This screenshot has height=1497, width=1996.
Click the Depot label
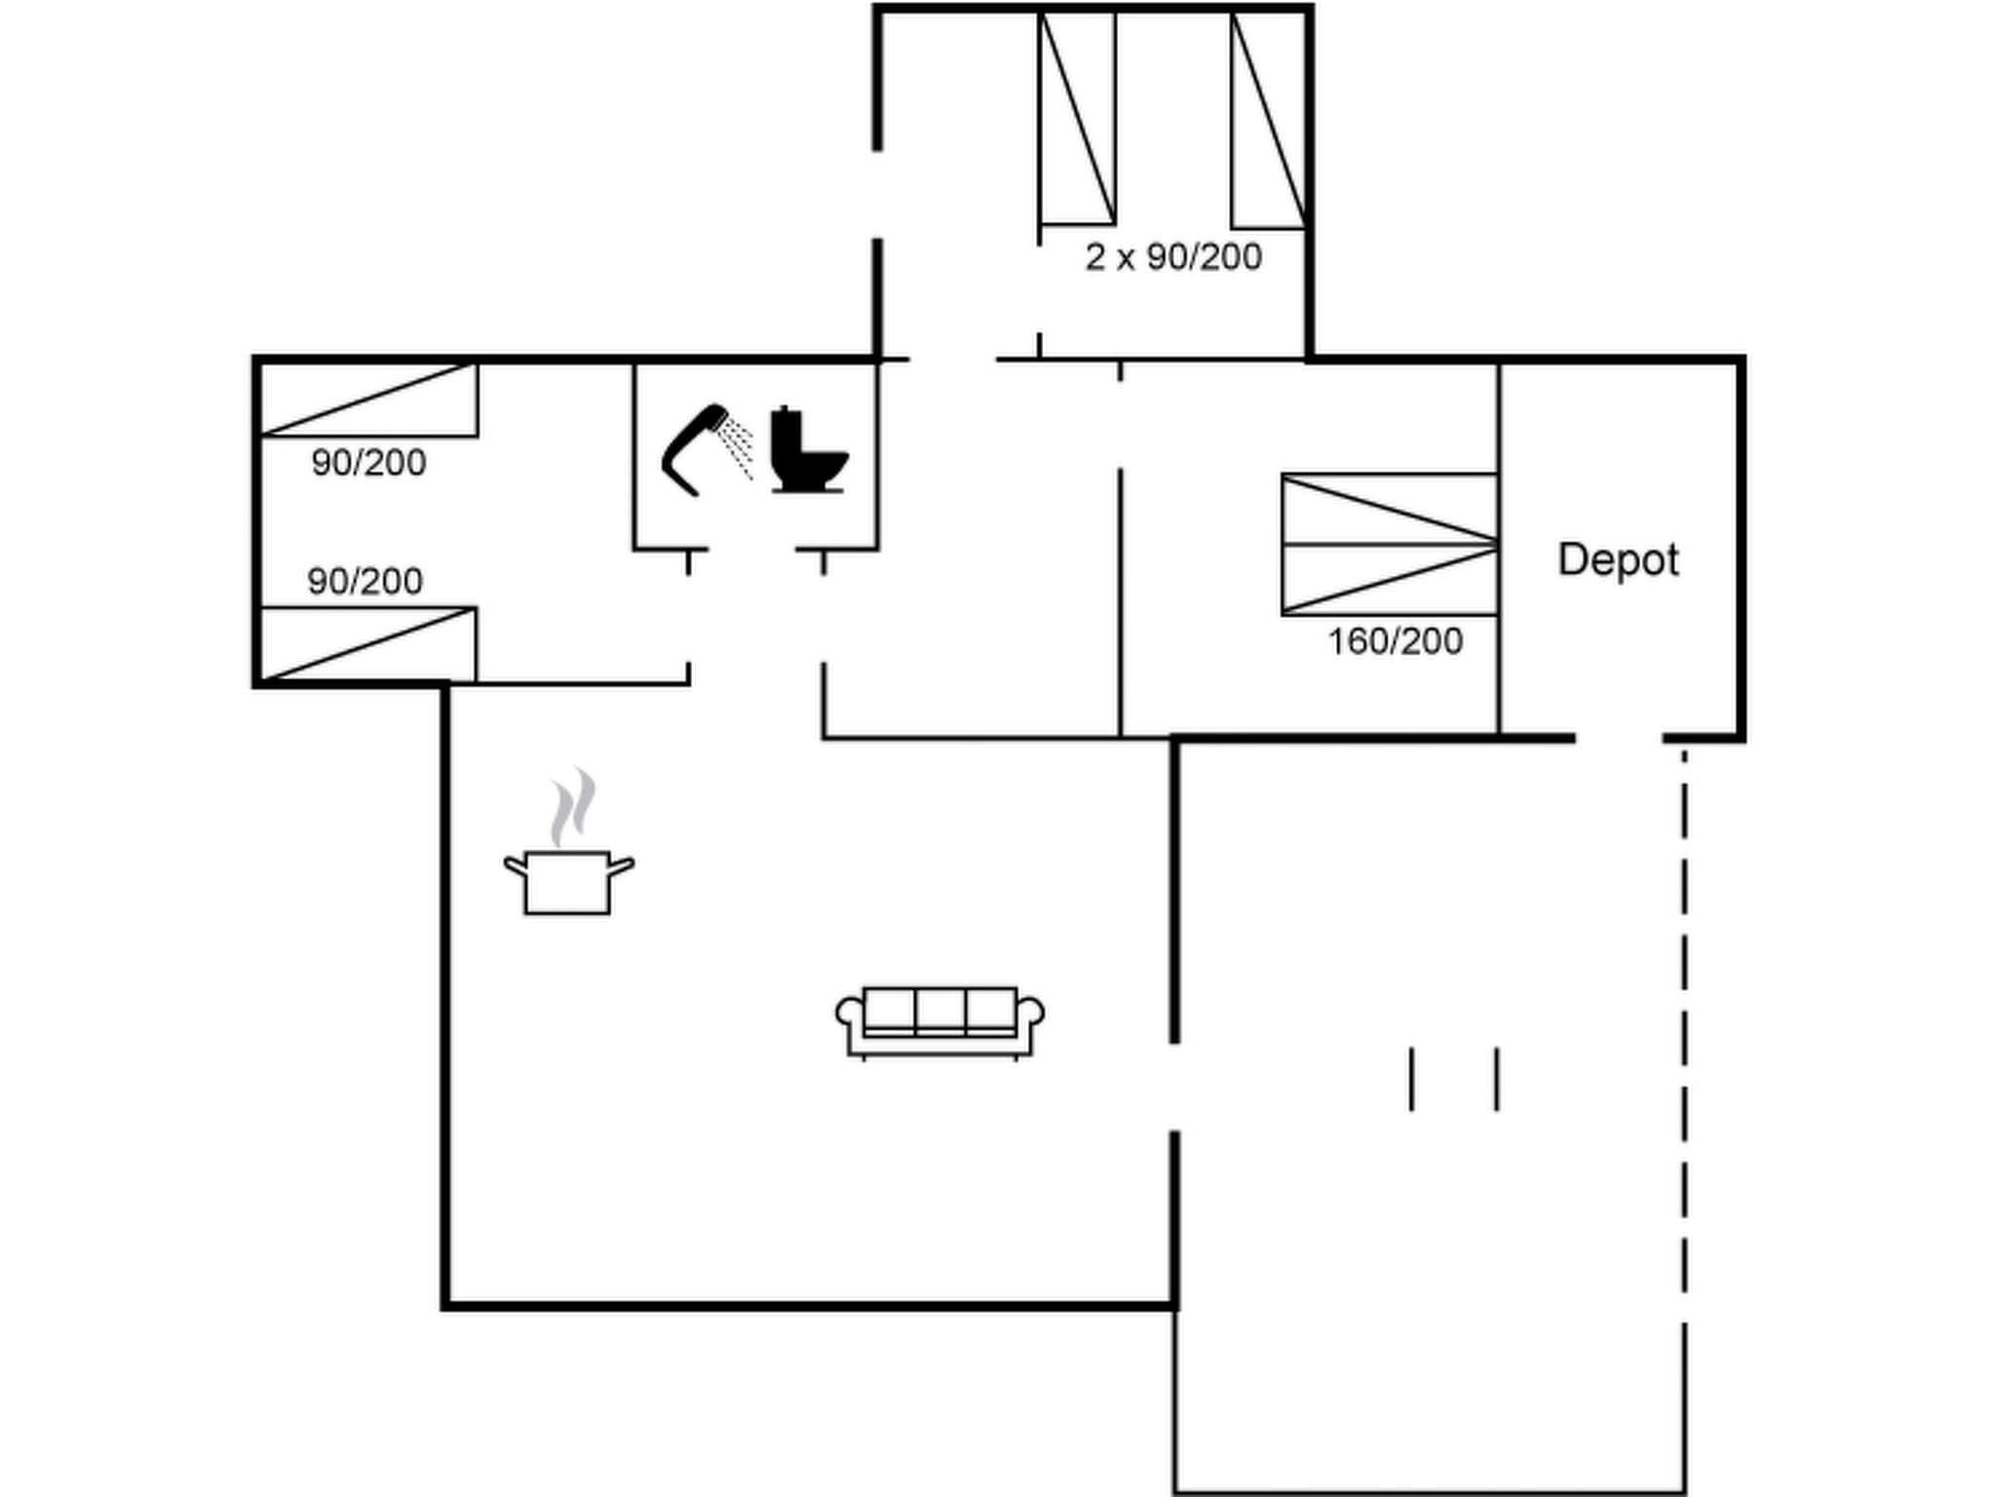1618,560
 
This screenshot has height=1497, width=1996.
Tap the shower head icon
694,448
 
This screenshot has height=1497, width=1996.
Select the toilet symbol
808,450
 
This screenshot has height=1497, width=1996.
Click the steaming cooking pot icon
568,881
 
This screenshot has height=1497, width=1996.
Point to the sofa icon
940,1020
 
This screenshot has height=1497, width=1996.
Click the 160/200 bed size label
1395,641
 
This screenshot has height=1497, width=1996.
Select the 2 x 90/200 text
1173,257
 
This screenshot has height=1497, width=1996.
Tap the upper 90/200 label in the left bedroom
368,463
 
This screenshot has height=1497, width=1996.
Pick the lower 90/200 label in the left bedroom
365,582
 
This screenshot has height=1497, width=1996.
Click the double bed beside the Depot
1390,544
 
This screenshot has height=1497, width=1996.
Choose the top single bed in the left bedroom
369,400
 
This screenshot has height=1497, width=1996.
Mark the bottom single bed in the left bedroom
369,644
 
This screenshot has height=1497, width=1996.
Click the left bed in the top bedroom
1078,119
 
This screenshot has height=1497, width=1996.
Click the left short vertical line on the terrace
1411,1079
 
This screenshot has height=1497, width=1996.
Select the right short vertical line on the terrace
1497,1079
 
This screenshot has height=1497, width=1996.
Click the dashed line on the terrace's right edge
1684,1023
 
